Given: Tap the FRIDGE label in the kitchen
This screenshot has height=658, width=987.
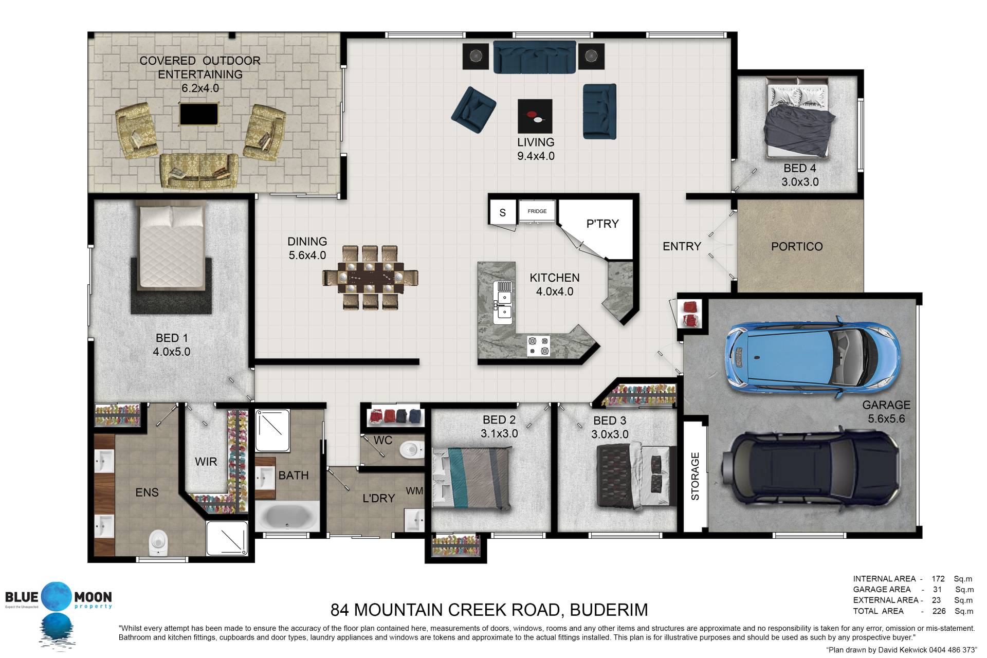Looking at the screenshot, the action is [x=537, y=211].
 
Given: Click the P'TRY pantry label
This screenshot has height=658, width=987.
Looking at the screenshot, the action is [x=602, y=224].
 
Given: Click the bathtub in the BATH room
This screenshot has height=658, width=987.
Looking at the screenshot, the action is [x=287, y=516].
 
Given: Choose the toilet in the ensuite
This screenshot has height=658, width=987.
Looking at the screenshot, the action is [x=158, y=543].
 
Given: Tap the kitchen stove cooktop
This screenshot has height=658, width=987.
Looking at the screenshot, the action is [x=538, y=345].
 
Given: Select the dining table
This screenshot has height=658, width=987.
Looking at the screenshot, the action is [x=370, y=278].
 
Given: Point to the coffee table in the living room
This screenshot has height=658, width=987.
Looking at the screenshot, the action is [x=535, y=116].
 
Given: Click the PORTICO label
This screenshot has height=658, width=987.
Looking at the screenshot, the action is [x=797, y=247].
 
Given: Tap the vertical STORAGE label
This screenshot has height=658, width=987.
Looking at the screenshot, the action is [x=695, y=476].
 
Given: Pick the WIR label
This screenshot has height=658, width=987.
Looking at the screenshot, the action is [x=206, y=462].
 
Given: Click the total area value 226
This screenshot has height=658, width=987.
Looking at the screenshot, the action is [x=939, y=611].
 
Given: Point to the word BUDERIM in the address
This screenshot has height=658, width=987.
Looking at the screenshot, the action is [x=609, y=610].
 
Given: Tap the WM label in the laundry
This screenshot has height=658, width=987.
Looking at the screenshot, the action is [x=414, y=491].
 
